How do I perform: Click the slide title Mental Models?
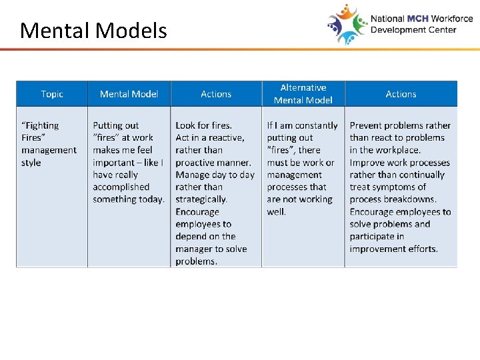[x=93, y=31]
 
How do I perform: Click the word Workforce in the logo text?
[x=452, y=19]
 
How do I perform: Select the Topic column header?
[x=52, y=94]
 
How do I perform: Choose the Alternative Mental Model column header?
[x=303, y=94]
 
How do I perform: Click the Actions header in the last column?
[x=401, y=94]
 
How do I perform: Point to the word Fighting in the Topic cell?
[x=41, y=125]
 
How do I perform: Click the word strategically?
[x=201, y=199]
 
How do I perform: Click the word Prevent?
[x=367, y=125]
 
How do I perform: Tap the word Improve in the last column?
[x=367, y=163]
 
